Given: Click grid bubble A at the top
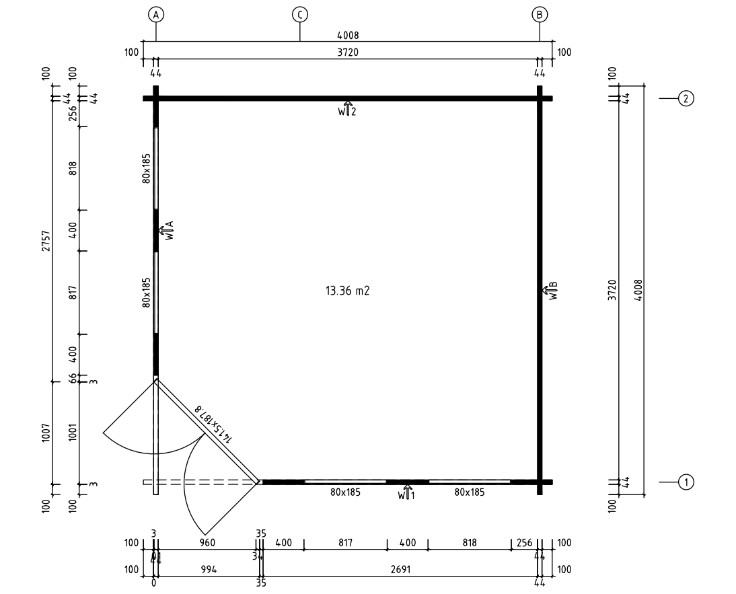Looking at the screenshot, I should pos(156,14).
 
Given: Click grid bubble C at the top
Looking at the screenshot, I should pos(299,14).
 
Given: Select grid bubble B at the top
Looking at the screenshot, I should pos(540,14).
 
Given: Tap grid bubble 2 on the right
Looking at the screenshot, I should pos(686,99).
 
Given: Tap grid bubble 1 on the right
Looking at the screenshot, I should pos(686,482).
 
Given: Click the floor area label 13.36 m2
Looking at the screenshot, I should pos(348,291).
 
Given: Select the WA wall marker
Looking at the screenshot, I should pos(167,231).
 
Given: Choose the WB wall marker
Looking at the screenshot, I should pos(552,290).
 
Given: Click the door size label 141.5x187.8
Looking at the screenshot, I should pos(213,424).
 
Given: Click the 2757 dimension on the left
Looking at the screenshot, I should pos(46,242).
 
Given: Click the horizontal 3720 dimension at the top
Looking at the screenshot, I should pos(348,52).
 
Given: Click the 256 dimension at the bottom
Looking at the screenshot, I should pos(525,542).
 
